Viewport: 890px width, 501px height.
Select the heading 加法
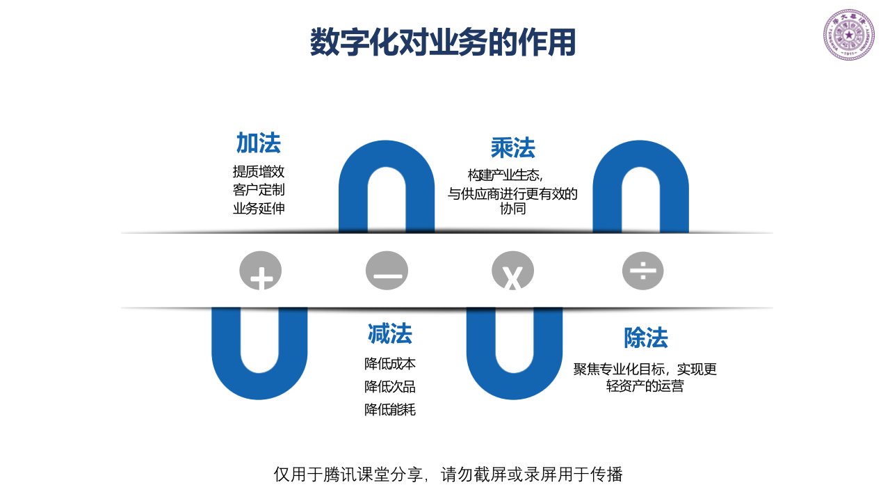pyautogui.click(x=258, y=143)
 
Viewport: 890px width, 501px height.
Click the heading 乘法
pyautogui.click(x=512, y=148)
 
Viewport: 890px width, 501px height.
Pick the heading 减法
pyautogui.click(x=390, y=334)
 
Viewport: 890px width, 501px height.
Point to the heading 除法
pyautogui.click(x=645, y=338)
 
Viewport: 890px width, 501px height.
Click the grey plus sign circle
pyautogui.click(x=261, y=271)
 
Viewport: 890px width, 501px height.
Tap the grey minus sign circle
pyautogui.click(x=387, y=271)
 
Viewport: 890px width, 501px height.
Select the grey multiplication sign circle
pyautogui.click(x=512, y=271)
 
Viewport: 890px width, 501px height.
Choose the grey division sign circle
pyautogui.click(x=643, y=271)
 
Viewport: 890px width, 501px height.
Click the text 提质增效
pyautogui.click(x=259, y=171)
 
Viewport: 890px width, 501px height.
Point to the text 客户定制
pyautogui.click(x=259, y=189)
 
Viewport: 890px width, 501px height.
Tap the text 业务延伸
pyautogui.click(x=259, y=208)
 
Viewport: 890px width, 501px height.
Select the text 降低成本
pyautogui.click(x=390, y=363)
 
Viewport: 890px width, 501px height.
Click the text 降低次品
pyautogui.click(x=390, y=386)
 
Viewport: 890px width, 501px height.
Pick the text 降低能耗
pyautogui.click(x=390, y=409)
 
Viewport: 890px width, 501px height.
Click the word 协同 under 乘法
pyautogui.click(x=512, y=209)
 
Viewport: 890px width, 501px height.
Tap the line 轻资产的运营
pyautogui.click(x=645, y=386)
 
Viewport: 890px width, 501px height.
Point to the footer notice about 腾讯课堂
pyautogui.click(x=448, y=475)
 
